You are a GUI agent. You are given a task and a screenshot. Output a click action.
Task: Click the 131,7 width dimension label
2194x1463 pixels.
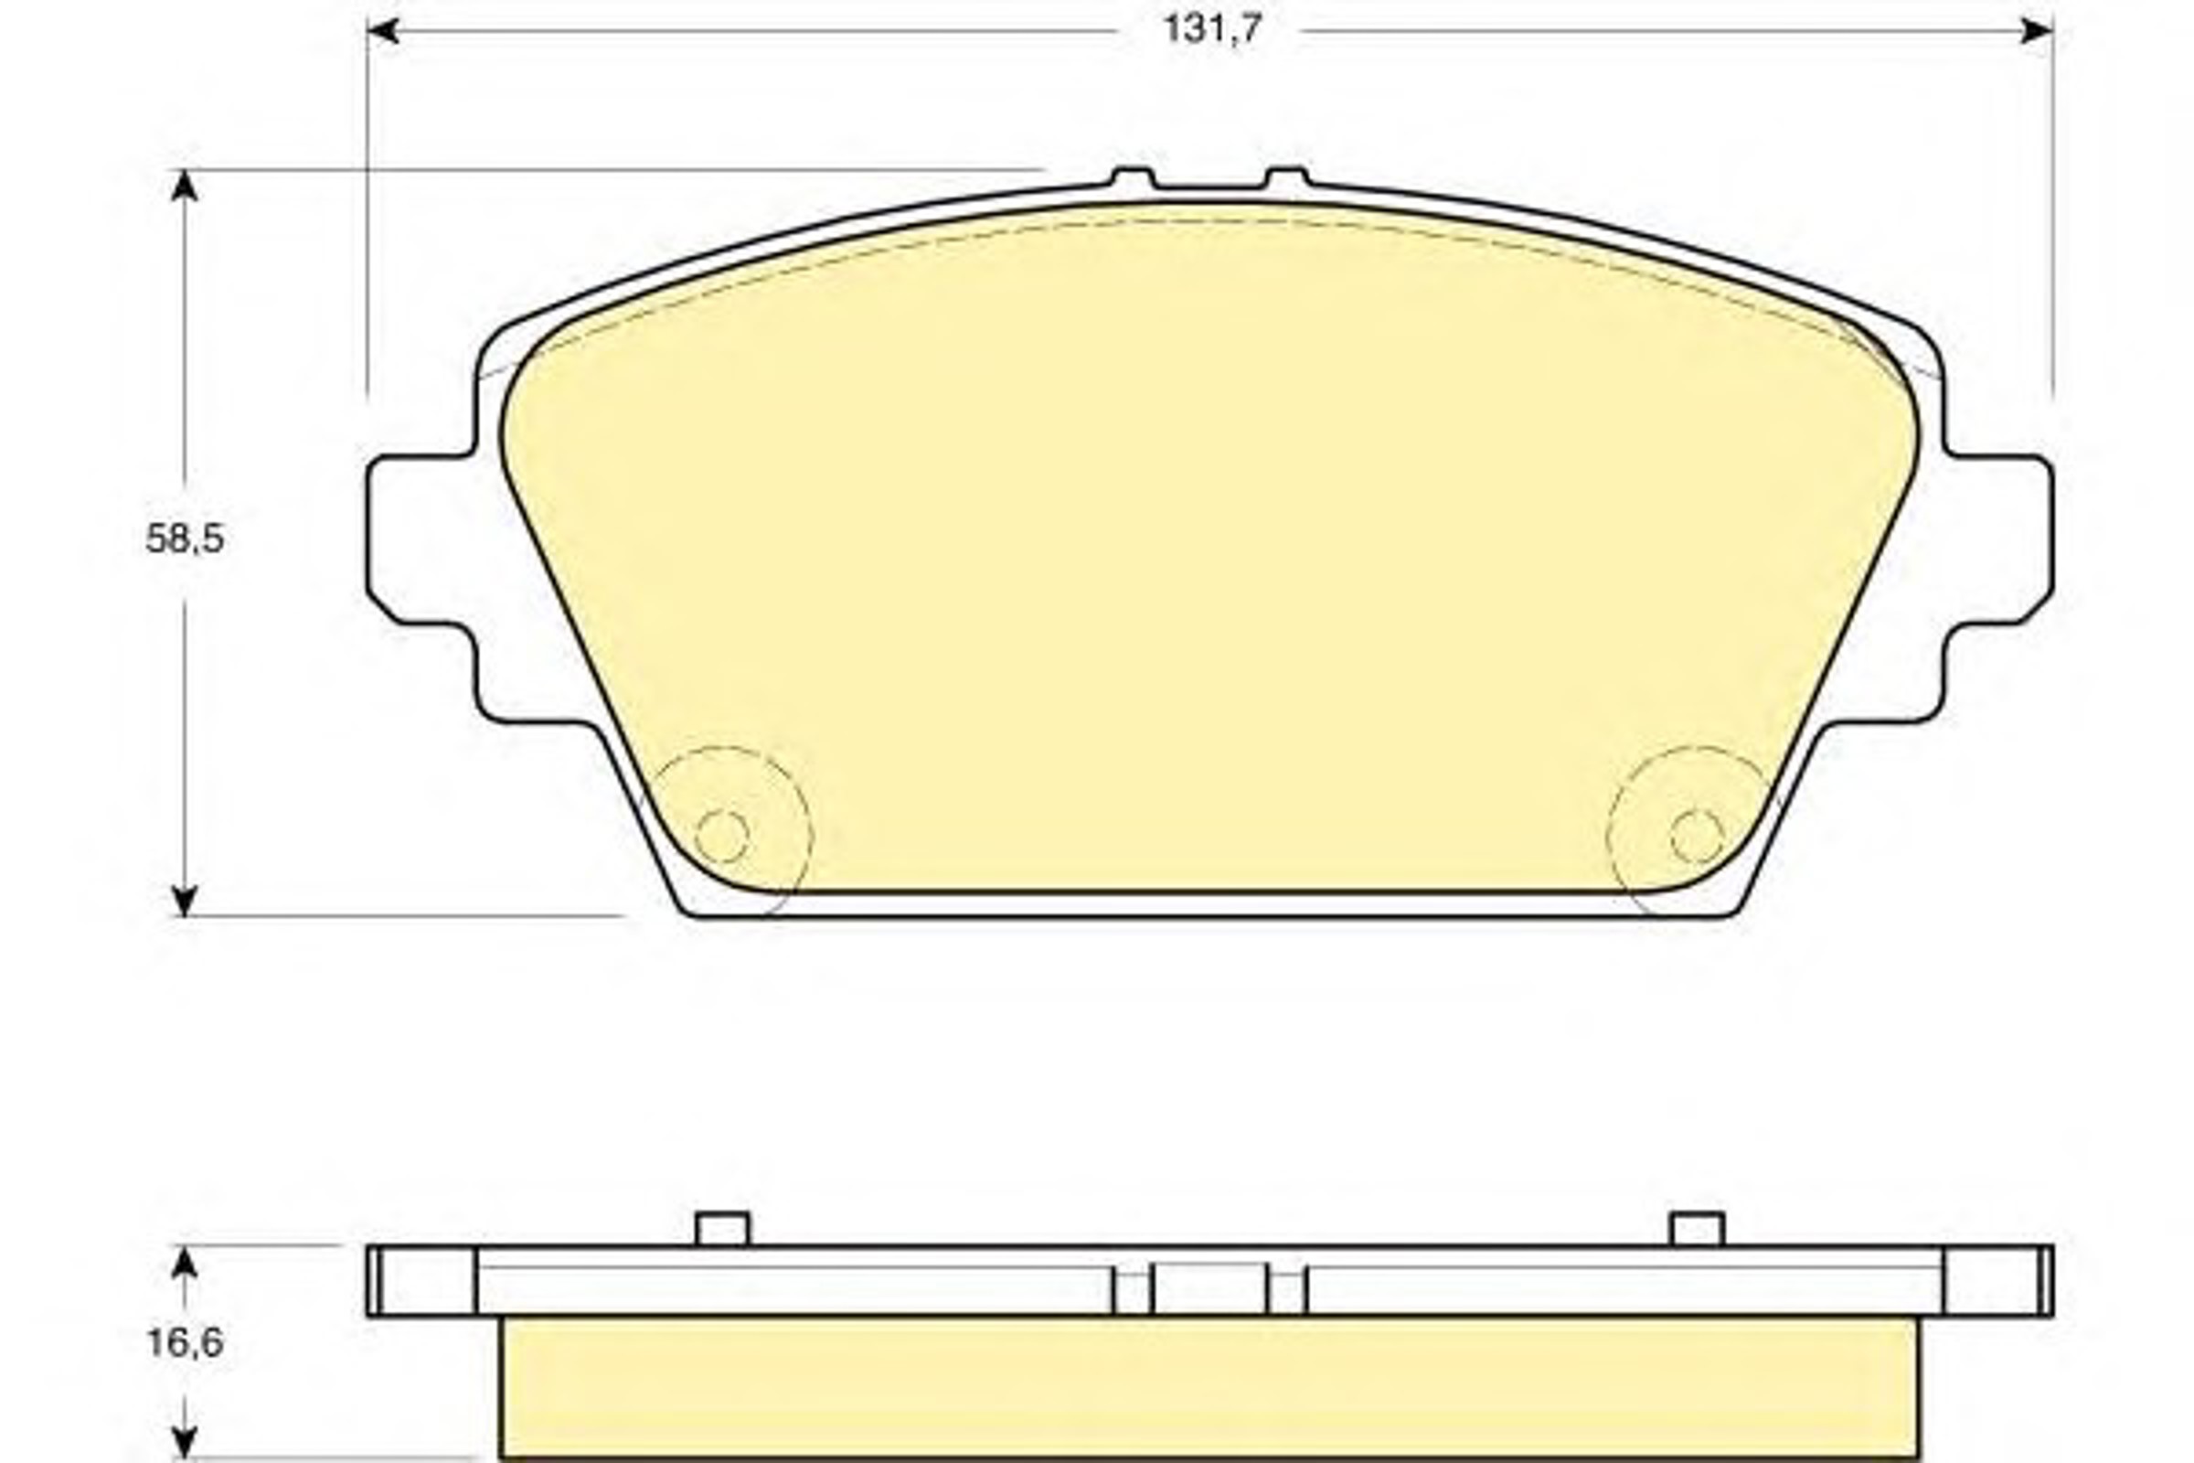point(1210,29)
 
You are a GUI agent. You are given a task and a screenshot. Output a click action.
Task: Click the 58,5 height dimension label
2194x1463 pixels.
point(185,539)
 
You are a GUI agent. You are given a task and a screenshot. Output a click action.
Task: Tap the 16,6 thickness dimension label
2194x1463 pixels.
point(185,1342)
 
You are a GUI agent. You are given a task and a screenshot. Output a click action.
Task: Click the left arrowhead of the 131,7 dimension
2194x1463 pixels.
point(383,31)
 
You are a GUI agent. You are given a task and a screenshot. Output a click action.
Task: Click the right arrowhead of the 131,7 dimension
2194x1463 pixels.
point(2037,31)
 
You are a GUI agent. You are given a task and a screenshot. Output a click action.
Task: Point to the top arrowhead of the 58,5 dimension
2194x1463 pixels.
point(185,186)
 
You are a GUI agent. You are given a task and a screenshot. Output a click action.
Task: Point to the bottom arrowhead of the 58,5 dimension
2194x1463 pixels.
point(185,901)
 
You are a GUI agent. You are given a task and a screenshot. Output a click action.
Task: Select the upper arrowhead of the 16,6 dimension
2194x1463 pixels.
point(185,1263)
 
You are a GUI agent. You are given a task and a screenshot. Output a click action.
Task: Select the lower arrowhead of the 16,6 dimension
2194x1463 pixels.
point(185,1442)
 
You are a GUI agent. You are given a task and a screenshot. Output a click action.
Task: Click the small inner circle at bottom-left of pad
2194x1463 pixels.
point(722,836)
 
